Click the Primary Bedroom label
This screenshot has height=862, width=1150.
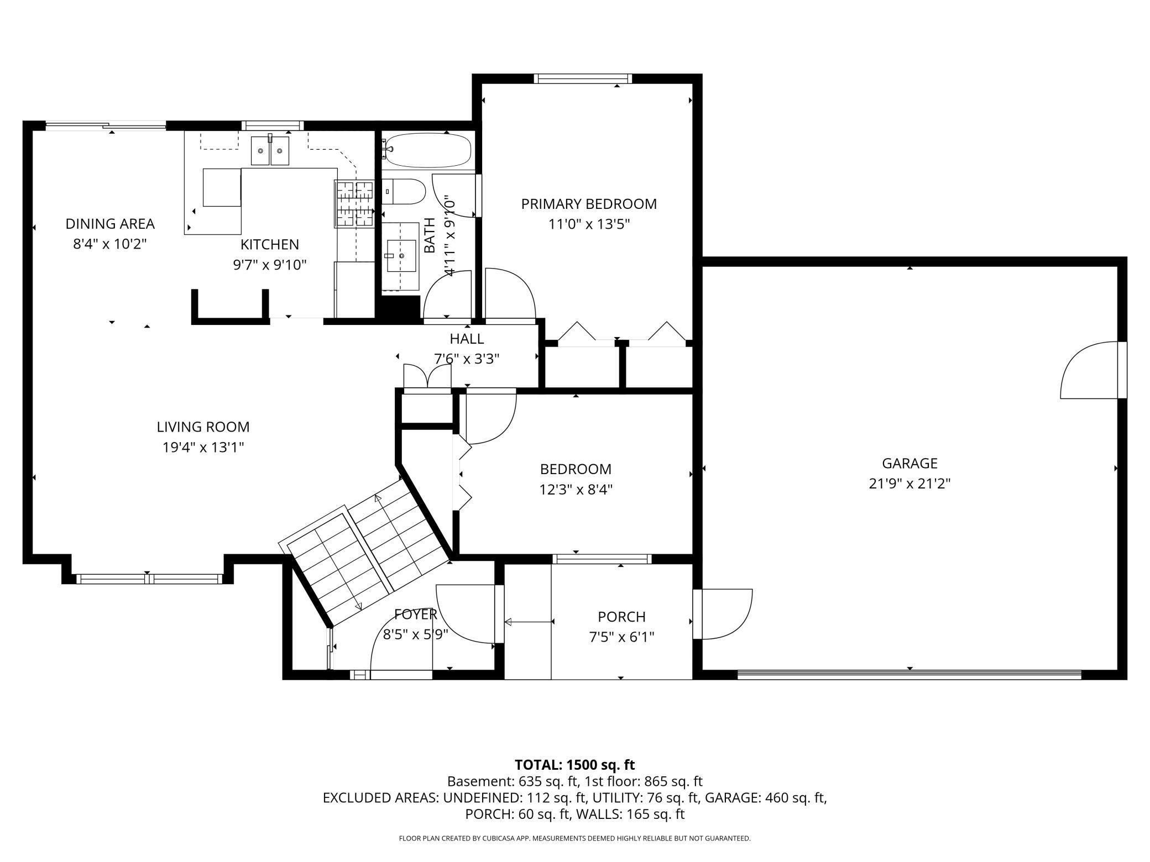pyautogui.click(x=589, y=204)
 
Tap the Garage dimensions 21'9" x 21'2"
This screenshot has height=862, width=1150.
pyautogui.click(x=909, y=484)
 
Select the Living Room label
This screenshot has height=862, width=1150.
pyautogui.click(x=203, y=427)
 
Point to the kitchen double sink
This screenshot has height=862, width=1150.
pyautogui.click(x=270, y=151)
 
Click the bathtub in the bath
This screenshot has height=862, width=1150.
pyautogui.click(x=427, y=150)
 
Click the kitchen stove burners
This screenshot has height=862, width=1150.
pyautogui.click(x=354, y=204)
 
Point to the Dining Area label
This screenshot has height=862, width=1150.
pyautogui.click(x=110, y=224)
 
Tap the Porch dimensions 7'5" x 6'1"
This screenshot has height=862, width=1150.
pyautogui.click(x=621, y=637)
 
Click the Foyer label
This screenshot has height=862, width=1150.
pyautogui.click(x=416, y=614)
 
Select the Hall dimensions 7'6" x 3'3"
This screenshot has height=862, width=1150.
pyautogui.click(x=467, y=359)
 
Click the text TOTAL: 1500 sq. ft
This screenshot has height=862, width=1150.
pyautogui.click(x=575, y=765)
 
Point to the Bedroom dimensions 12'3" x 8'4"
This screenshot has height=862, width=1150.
pyautogui.click(x=576, y=490)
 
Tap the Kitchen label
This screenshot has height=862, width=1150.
pyautogui.click(x=270, y=244)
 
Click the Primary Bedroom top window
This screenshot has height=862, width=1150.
pyautogui.click(x=583, y=78)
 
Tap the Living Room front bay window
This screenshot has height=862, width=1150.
pyautogui.click(x=149, y=579)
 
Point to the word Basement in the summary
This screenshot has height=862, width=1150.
pyautogui.click(x=481, y=782)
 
